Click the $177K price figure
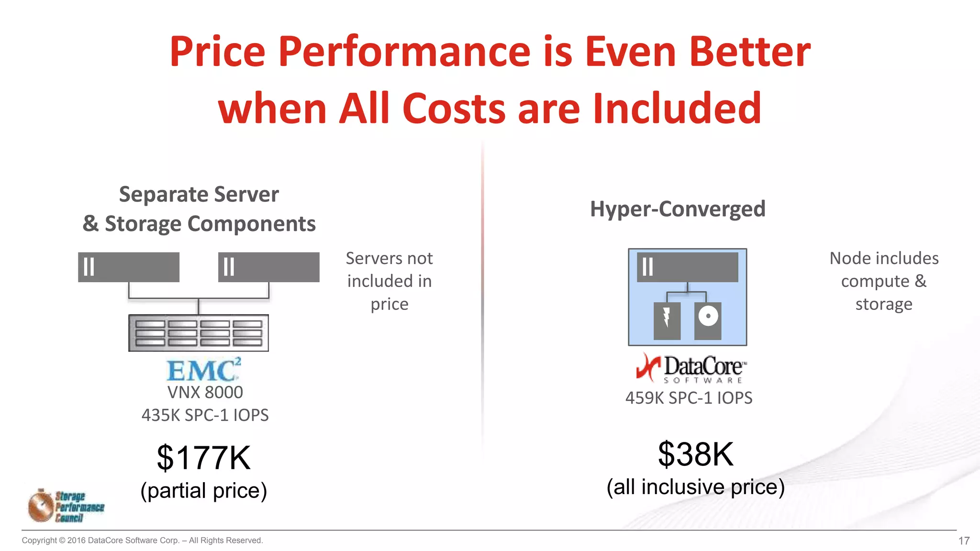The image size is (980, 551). coord(203,458)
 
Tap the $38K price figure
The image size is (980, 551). coord(695,454)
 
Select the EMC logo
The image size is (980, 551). coord(203,370)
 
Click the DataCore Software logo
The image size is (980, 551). coord(690,368)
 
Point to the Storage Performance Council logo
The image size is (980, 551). coord(66,506)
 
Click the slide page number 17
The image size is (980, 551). coord(964,541)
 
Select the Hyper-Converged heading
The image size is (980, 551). coord(678,209)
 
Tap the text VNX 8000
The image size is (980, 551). coord(205,392)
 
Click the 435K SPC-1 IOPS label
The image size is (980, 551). coord(205,415)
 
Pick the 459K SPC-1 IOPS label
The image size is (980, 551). coord(689,398)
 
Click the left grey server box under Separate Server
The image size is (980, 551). coord(129,267)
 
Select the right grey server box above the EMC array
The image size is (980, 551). coord(268,267)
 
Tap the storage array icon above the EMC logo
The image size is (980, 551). coord(199,333)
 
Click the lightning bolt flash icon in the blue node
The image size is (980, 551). coord(667,318)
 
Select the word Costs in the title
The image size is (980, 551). coord(454,109)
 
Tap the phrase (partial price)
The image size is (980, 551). coord(203,490)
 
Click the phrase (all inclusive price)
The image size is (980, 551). coord(695,487)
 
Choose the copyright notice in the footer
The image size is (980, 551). coord(142,540)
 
